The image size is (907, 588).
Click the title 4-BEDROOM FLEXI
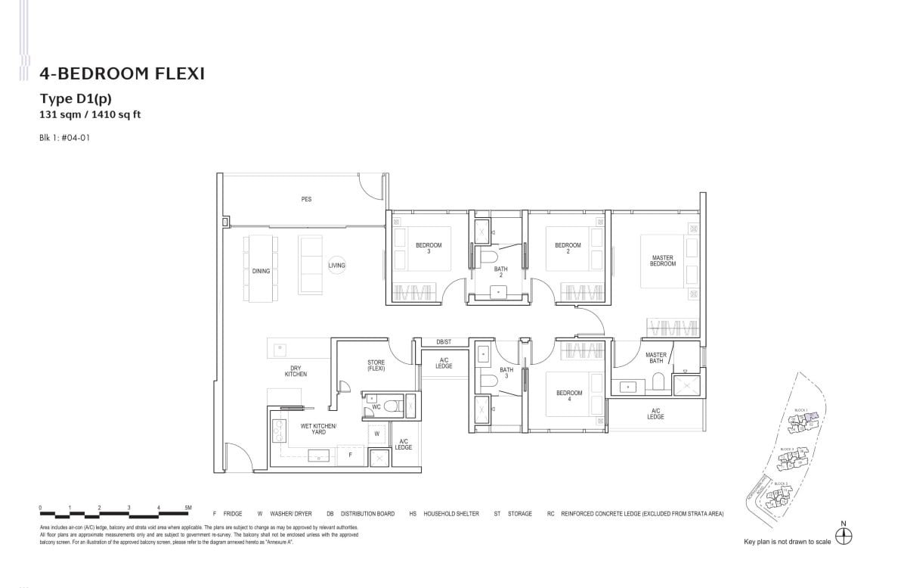[x=122, y=73]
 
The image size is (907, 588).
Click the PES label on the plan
[x=306, y=199]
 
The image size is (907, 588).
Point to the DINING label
[x=261, y=271]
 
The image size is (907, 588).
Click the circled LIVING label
[x=336, y=266]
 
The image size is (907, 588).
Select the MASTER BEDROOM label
[x=662, y=260]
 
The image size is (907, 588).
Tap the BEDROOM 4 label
[x=568, y=395]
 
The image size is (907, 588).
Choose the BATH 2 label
[x=500, y=272]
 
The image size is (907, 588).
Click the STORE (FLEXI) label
[x=376, y=366]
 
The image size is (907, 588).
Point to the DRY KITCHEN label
[x=296, y=371]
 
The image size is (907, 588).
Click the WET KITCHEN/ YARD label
[x=318, y=428]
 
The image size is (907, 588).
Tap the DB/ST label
[x=444, y=342]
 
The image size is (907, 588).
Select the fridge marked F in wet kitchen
[x=349, y=456]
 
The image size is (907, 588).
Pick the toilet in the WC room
[x=391, y=407]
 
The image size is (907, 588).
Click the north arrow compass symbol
[x=844, y=535]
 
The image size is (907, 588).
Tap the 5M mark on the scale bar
[x=188, y=508]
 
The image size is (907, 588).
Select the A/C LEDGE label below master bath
[x=655, y=414]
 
